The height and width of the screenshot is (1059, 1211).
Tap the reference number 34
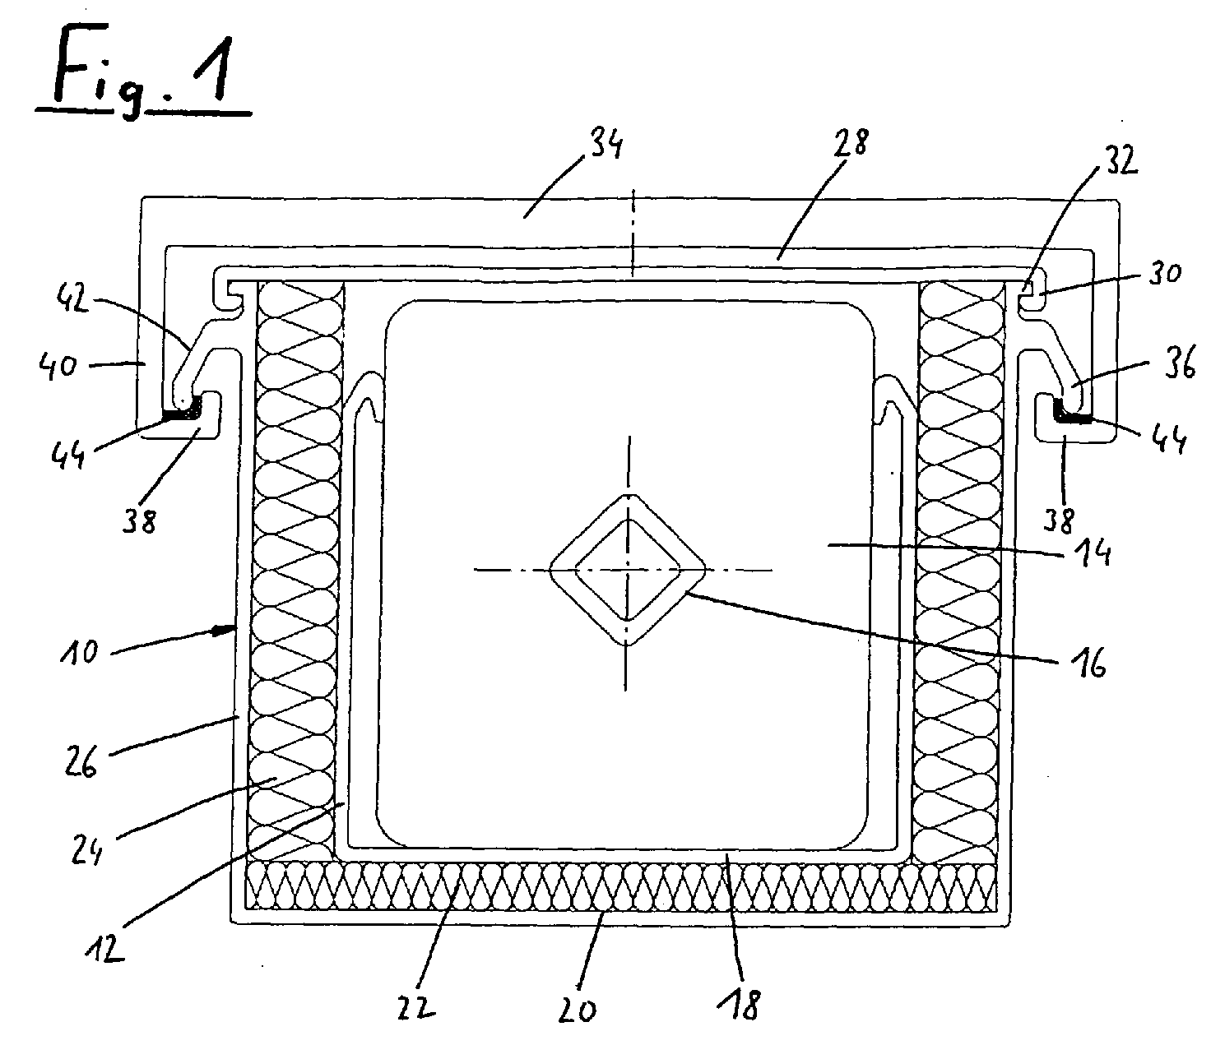602,144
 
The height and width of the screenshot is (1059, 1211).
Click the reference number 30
1163,273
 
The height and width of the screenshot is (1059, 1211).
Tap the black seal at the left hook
183,411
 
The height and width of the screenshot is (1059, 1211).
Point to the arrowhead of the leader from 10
225,631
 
